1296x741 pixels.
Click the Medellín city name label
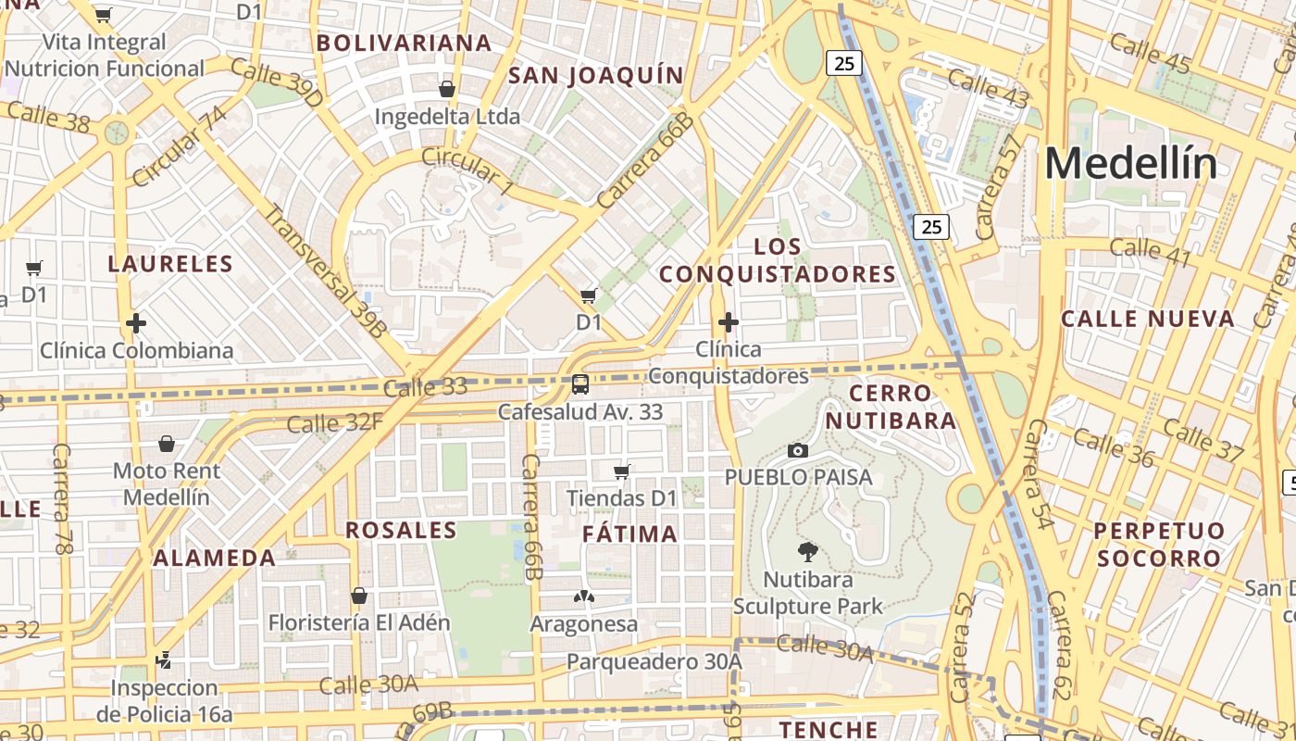pos(1130,164)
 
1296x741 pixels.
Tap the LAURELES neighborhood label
pos(170,264)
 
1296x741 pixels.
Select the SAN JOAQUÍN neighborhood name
pos(596,75)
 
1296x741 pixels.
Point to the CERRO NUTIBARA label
pos(891,407)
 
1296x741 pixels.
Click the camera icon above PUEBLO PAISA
pos(797,450)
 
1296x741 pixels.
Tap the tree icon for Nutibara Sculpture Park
pos(807,552)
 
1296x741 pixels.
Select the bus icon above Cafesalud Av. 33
pos(580,383)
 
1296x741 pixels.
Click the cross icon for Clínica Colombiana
pos(136,323)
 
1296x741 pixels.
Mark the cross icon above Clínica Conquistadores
pos(729,322)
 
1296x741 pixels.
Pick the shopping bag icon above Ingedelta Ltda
pos(447,89)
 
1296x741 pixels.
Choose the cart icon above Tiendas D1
pos(622,471)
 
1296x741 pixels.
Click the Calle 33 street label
pos(425,388)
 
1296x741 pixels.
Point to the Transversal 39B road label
pos(326,270)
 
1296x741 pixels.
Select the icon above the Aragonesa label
pos(584,597)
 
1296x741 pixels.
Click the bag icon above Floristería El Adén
pos(359,596)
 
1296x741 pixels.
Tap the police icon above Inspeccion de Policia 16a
pos(164,660)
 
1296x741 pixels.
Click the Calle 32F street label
pos(334,423)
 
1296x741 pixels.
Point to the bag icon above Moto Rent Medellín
pos(167,444)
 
